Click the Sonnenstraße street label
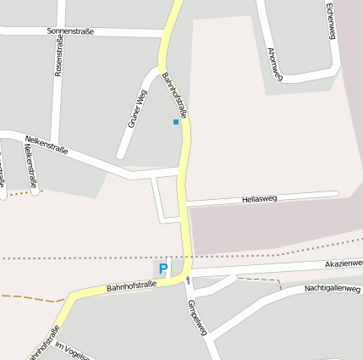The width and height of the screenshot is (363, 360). [70, 31]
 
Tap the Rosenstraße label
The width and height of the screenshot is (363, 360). [58, 56]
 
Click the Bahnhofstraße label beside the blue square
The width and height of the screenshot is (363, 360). [174, 93]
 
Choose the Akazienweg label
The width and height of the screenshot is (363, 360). [344, 264]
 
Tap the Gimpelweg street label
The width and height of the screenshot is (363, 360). [197, 316]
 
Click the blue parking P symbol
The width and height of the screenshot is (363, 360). [162, 269]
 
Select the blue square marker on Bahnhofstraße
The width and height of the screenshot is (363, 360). [176, 122]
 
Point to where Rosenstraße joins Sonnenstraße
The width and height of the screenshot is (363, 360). [61, 31]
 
